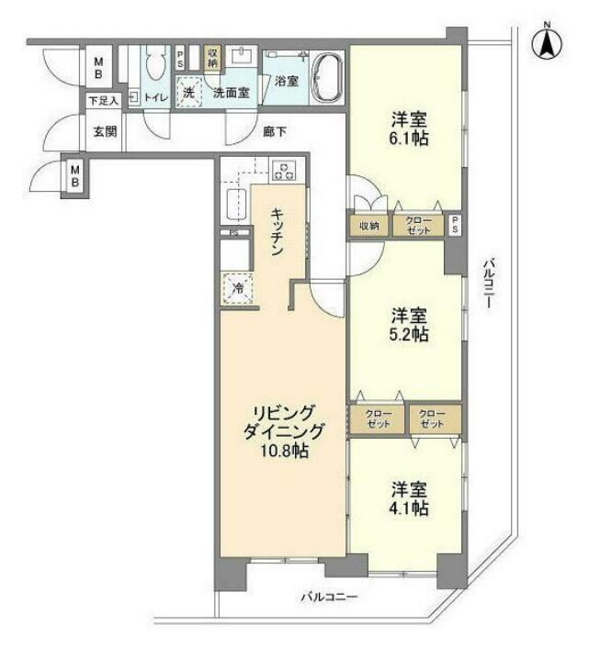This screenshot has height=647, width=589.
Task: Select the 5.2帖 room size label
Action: click(405, 334)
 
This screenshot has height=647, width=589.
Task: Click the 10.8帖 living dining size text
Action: click(283, 452)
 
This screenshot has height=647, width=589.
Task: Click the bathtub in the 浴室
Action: click(326, 79)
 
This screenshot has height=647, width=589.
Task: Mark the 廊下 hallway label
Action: click(274, 131)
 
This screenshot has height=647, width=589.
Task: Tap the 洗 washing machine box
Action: click(188, 92)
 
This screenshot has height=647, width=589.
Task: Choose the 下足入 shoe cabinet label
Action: click(102, 100)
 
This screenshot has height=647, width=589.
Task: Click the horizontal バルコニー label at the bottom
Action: click(329, 597)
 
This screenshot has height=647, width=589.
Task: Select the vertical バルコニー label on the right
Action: click(488, 284)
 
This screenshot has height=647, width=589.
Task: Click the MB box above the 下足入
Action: click(99, 69)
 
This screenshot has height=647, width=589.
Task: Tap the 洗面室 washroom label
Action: click(231, 93)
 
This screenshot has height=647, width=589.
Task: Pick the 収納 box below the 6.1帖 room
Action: click(368, 226)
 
